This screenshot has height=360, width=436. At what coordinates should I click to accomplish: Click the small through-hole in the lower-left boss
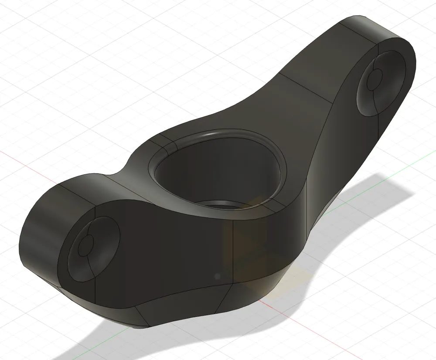pyautogui.click(x=86, y=245)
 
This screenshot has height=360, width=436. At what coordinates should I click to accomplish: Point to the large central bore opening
pyautogui.click(x=214, y=174)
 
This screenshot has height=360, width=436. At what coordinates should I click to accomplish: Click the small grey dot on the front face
pyautogui.click(x=217, y=276)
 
